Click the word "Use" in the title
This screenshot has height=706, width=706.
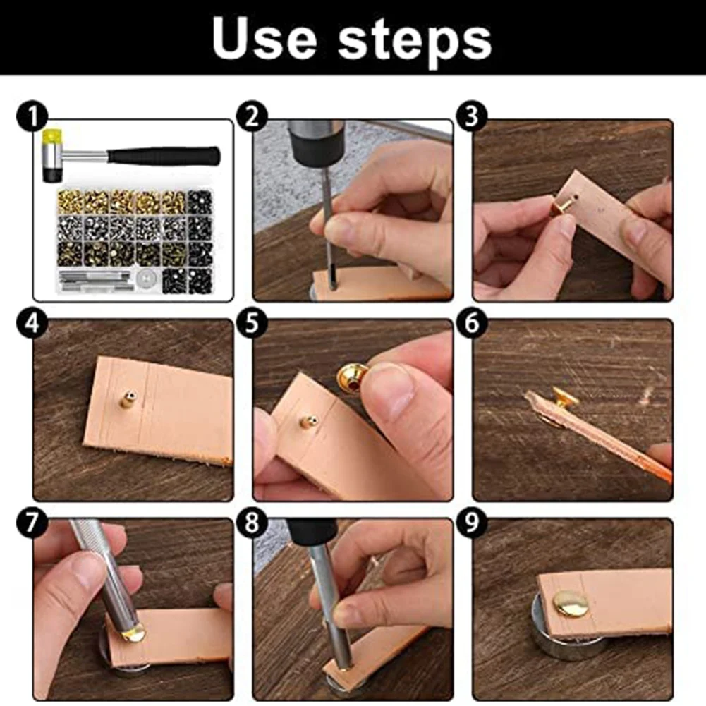pyautogui.click(x=264, y=38)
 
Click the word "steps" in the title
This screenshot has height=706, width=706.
pyautogui.click(x=414, y=42)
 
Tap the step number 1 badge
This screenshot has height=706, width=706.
pyautogui.click(x=32, y=116)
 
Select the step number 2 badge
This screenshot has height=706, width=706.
pyautogui.click(x=252, y=116)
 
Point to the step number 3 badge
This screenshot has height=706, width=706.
pyautogui.click(x=471, y=116)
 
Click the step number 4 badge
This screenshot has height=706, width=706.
pyautogui.click(x=32, y=323)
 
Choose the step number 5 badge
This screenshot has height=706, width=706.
pyautogui.click(x=252, y=323)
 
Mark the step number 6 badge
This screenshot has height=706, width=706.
pyautogui.click(x=471, y=323)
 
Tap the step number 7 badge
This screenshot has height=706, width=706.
pyautogui.click(x=32, y=523)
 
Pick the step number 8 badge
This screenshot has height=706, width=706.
pyautogui.click(x=252, y=523)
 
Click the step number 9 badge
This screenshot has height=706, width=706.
pyautogui.click(x=471, y=523)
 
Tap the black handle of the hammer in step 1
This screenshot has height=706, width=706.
pyautogui.click(x=165, y=156)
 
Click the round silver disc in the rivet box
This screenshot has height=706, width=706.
pyautogui.click(x=146, y=280)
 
